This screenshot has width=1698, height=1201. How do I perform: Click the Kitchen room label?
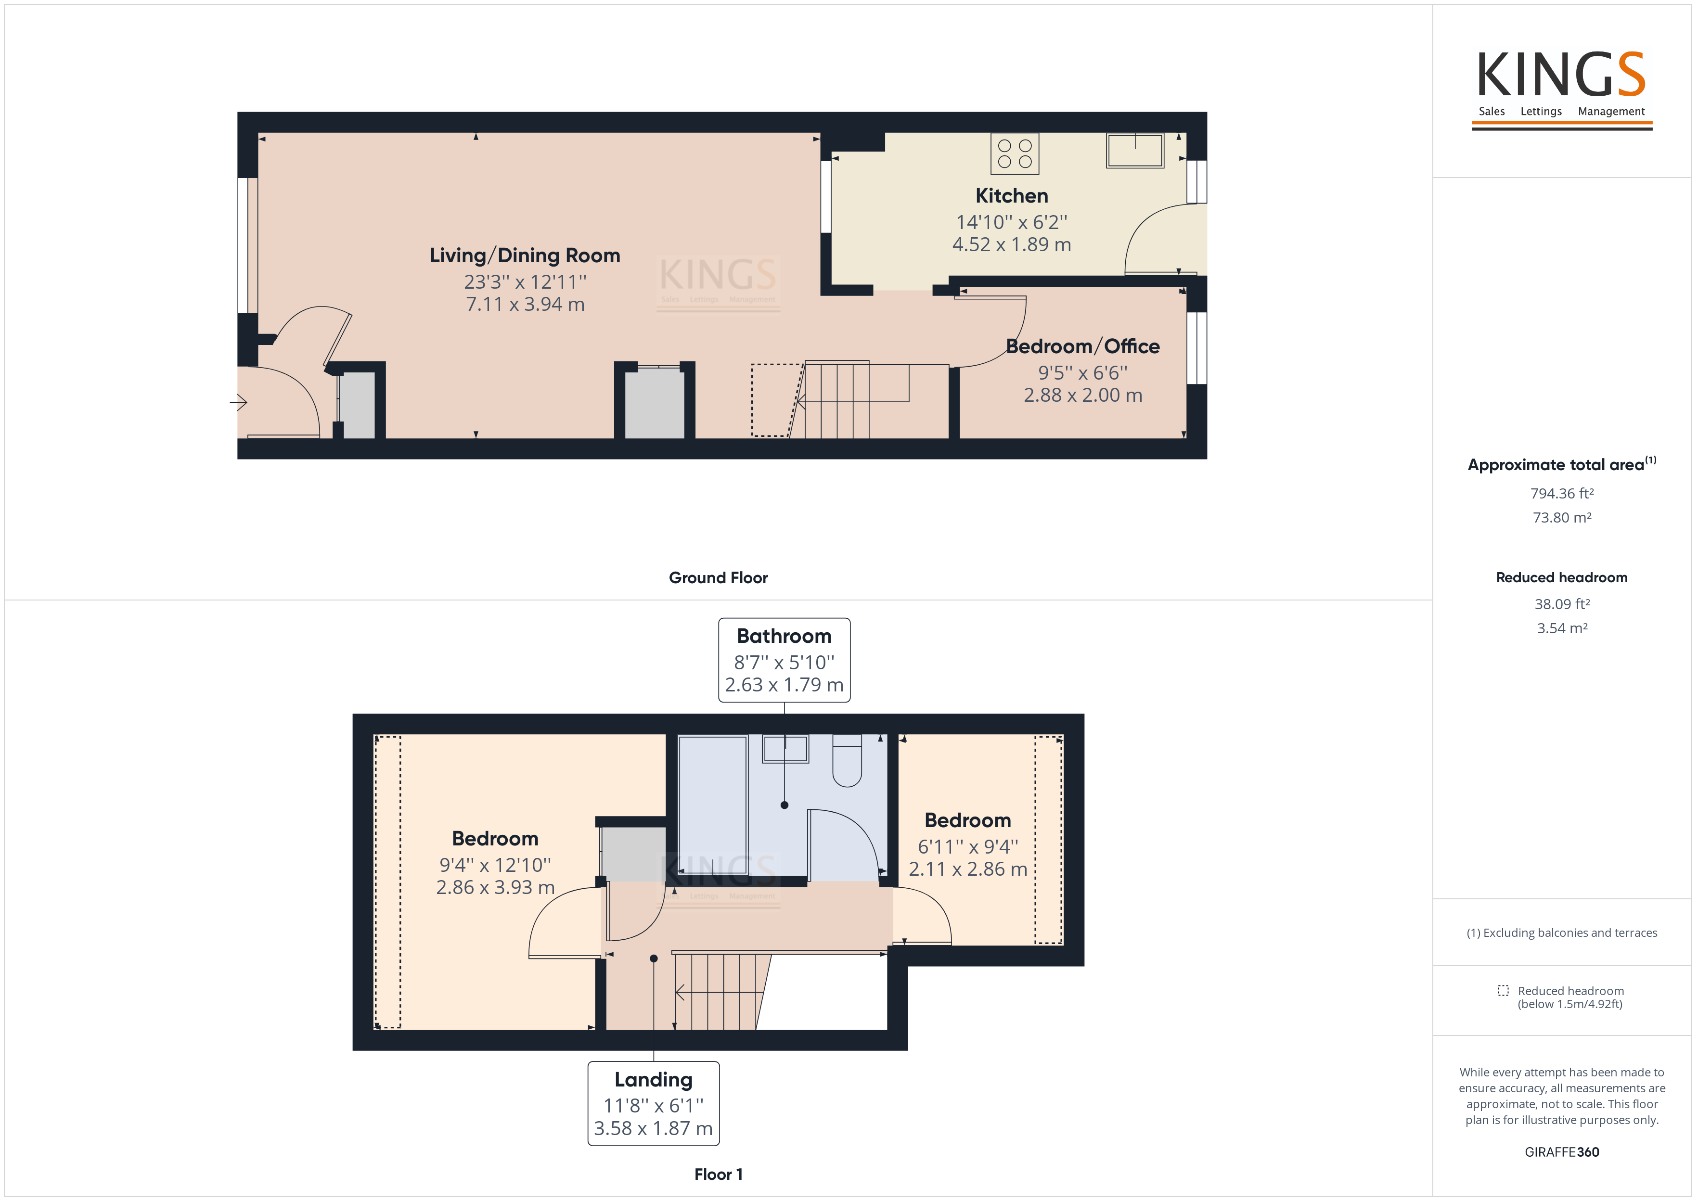(1011, 196)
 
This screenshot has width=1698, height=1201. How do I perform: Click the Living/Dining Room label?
(525, 256)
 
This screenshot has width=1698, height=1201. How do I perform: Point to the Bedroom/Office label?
(1083, 347)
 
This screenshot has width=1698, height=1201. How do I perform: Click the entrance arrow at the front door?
(238, 402)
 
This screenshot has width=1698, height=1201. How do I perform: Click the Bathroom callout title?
(784, 636)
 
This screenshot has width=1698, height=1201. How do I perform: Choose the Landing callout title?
(653, 1080)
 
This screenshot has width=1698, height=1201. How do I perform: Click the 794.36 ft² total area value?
(1562, 493)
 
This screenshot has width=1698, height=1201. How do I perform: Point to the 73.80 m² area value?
(1562, 518)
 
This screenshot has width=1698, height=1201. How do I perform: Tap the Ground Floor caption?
(718, 577)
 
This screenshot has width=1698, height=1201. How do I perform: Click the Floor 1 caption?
(718, 1175)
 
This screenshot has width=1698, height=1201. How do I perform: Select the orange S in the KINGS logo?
(1631, 74)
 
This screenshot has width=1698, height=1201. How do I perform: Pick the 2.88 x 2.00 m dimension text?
(1083, 396)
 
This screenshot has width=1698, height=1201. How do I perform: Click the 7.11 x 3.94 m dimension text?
(525, 305)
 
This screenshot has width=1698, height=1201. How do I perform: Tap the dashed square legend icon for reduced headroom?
(1503, 990)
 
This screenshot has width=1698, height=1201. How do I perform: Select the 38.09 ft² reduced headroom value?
(1562, 604)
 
